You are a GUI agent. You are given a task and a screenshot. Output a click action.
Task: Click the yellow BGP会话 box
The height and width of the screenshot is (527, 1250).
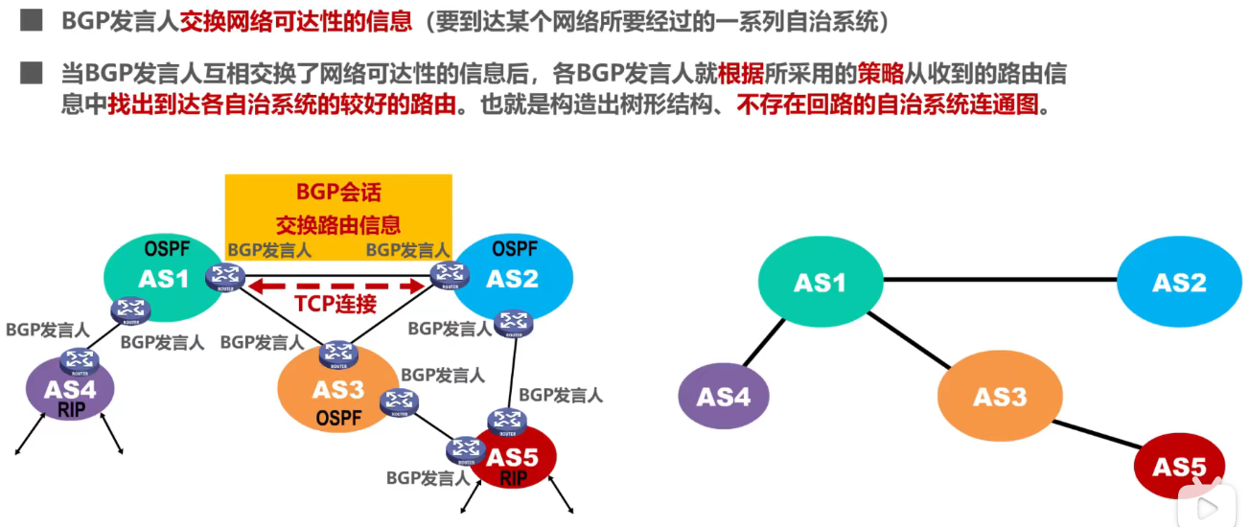(337, 206)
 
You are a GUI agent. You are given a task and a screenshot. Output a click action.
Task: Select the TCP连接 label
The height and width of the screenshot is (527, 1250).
(336, 306)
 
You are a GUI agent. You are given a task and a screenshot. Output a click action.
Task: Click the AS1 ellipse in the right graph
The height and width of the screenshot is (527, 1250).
(820, 282)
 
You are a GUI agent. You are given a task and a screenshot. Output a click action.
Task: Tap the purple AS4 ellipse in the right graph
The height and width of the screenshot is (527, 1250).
(724, 395)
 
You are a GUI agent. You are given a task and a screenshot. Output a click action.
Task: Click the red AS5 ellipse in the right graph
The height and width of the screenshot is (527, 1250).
(1178, 467)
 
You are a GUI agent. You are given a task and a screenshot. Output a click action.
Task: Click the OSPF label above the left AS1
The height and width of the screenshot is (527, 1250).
(167, 250)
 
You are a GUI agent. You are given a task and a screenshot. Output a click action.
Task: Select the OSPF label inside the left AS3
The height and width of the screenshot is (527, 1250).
(337, 418)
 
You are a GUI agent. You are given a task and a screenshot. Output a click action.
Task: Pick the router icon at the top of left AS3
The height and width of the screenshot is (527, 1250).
(337, 354)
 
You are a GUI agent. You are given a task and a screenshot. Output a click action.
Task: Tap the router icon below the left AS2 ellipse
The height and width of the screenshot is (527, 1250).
(516, 323)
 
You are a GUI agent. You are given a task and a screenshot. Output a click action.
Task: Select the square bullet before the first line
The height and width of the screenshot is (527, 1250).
(31, 20)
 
